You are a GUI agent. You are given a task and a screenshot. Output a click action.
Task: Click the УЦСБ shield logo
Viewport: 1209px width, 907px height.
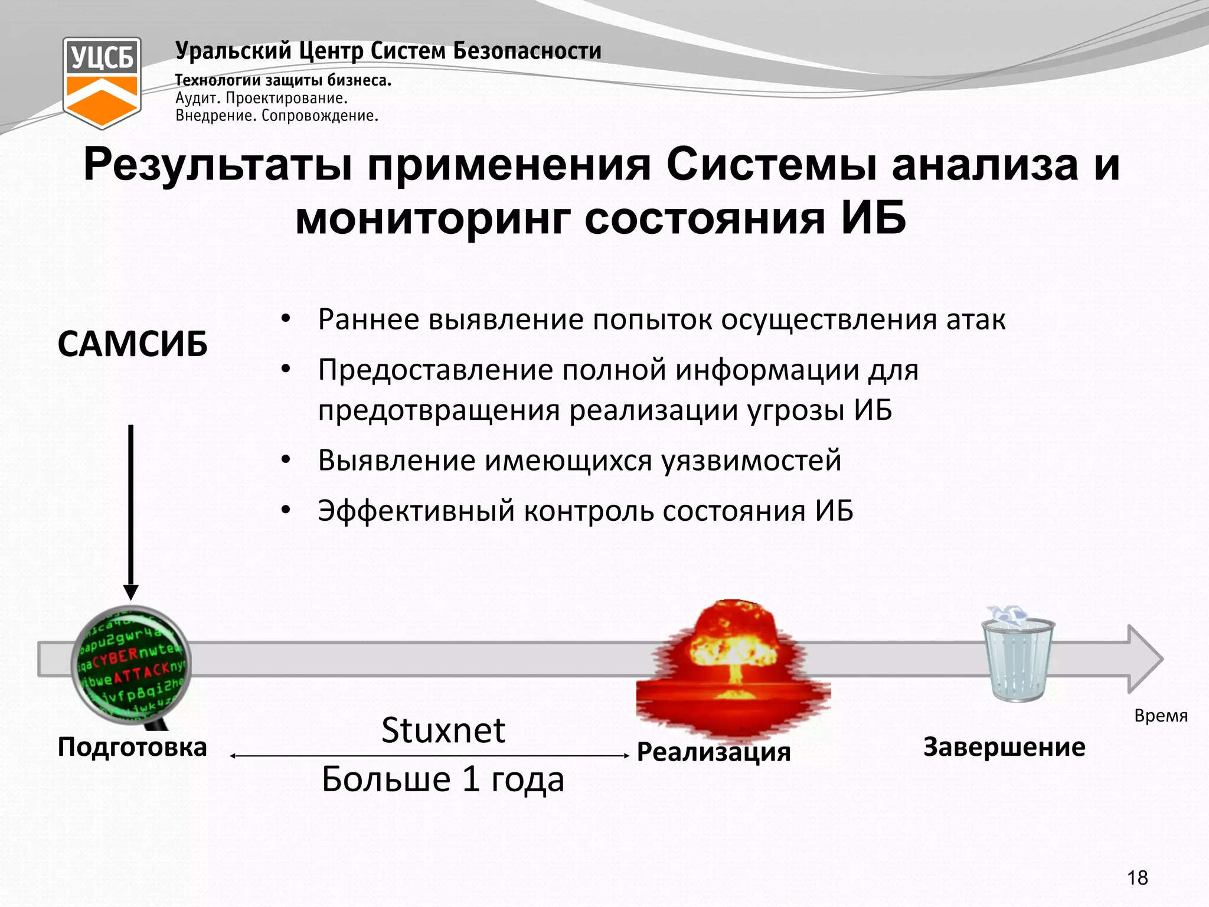[102, 82]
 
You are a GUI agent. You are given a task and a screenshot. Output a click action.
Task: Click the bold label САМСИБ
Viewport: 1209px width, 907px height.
[133, 344]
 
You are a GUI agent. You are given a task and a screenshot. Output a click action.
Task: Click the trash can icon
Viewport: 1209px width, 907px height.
[1018, 655]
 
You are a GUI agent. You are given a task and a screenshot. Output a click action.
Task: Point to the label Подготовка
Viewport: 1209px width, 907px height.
[132, 747]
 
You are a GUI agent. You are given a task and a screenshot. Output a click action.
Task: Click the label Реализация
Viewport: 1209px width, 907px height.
[714, 752]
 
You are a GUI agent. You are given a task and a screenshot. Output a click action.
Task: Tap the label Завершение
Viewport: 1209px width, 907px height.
[1004, 747]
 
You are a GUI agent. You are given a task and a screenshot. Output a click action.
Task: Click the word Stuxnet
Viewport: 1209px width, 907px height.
[443, 730]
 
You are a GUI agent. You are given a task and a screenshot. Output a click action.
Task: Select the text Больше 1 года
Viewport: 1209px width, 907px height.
[443, 779]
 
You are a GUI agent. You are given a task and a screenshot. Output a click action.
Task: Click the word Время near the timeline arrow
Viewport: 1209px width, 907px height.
[1161, 716]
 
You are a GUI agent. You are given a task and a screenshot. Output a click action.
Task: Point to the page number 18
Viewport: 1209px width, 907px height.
[1138, 878]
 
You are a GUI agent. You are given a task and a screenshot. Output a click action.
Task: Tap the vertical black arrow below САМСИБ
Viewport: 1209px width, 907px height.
[131, 508]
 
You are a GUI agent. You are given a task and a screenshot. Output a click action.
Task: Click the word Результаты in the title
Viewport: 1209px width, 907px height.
[218, 165]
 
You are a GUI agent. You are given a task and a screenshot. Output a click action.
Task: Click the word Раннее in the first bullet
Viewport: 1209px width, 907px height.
[368, 319]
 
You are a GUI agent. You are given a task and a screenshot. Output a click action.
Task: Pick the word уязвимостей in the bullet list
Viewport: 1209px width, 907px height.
[751, 461]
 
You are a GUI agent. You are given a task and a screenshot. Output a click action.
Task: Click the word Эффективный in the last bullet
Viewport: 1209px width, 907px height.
[416, 511]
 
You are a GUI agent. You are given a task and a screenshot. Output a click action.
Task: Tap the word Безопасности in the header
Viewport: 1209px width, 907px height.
[527, 51]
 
